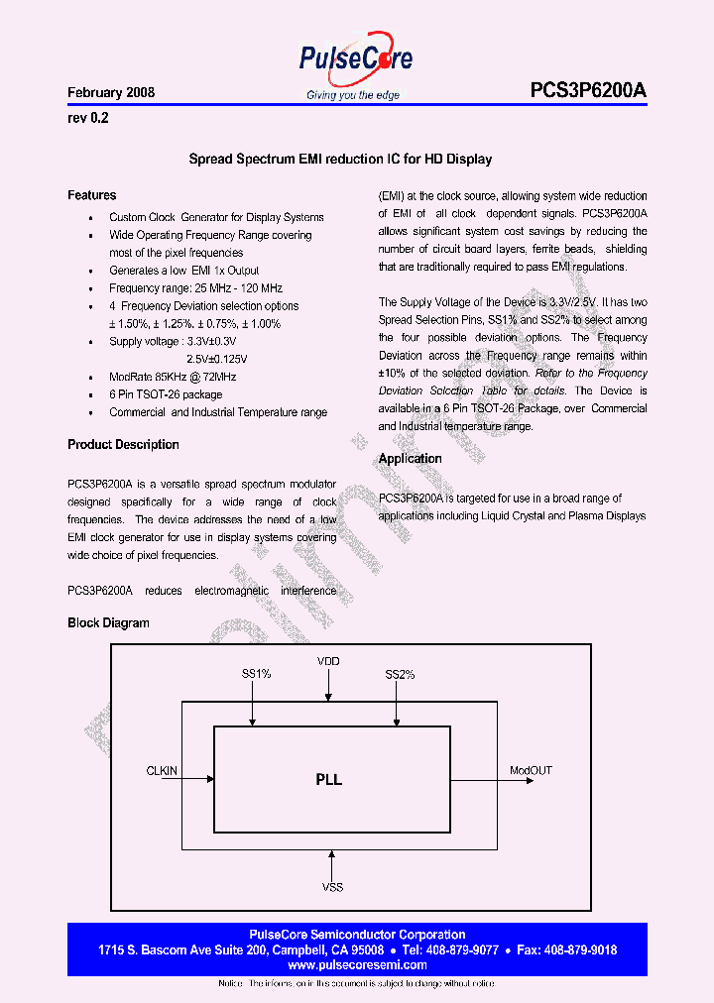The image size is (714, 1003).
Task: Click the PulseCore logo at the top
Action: click(x=356, y=61)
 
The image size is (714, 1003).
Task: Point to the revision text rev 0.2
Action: click(x=87, y=118)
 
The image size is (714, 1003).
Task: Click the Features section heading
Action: click(x=91, y=195)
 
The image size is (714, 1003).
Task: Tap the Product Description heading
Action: click(x=123, y=445)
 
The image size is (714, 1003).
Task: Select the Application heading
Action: click(x=410, y=459)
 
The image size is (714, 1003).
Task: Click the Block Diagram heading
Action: click(x=108, y=623)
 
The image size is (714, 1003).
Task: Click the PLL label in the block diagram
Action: click(x=329, y=780)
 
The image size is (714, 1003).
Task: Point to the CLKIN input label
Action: click(x=162, y=770)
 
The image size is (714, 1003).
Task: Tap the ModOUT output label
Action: click(x=532, y=770)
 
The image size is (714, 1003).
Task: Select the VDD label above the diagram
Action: click(x=328, y=661)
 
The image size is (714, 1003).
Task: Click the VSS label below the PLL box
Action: click(x=332, y=887)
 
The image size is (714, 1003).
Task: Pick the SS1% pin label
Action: click(x=256, y=674)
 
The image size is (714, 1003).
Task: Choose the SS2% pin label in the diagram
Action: click(x=400, y=674)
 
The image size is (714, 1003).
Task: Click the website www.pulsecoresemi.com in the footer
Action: click(x=357, y=964)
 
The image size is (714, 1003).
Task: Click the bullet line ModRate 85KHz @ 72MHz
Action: click(x=173, y=377)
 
